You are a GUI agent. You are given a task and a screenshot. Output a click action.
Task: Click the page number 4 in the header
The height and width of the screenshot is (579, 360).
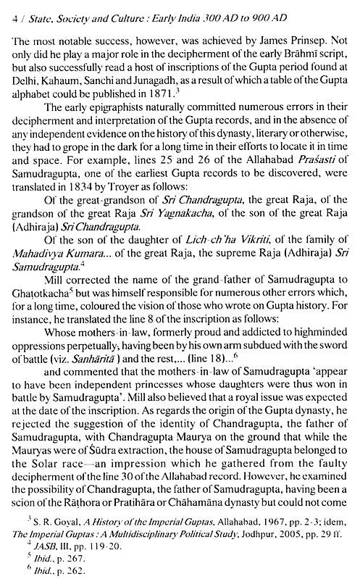tap(6, 9)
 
